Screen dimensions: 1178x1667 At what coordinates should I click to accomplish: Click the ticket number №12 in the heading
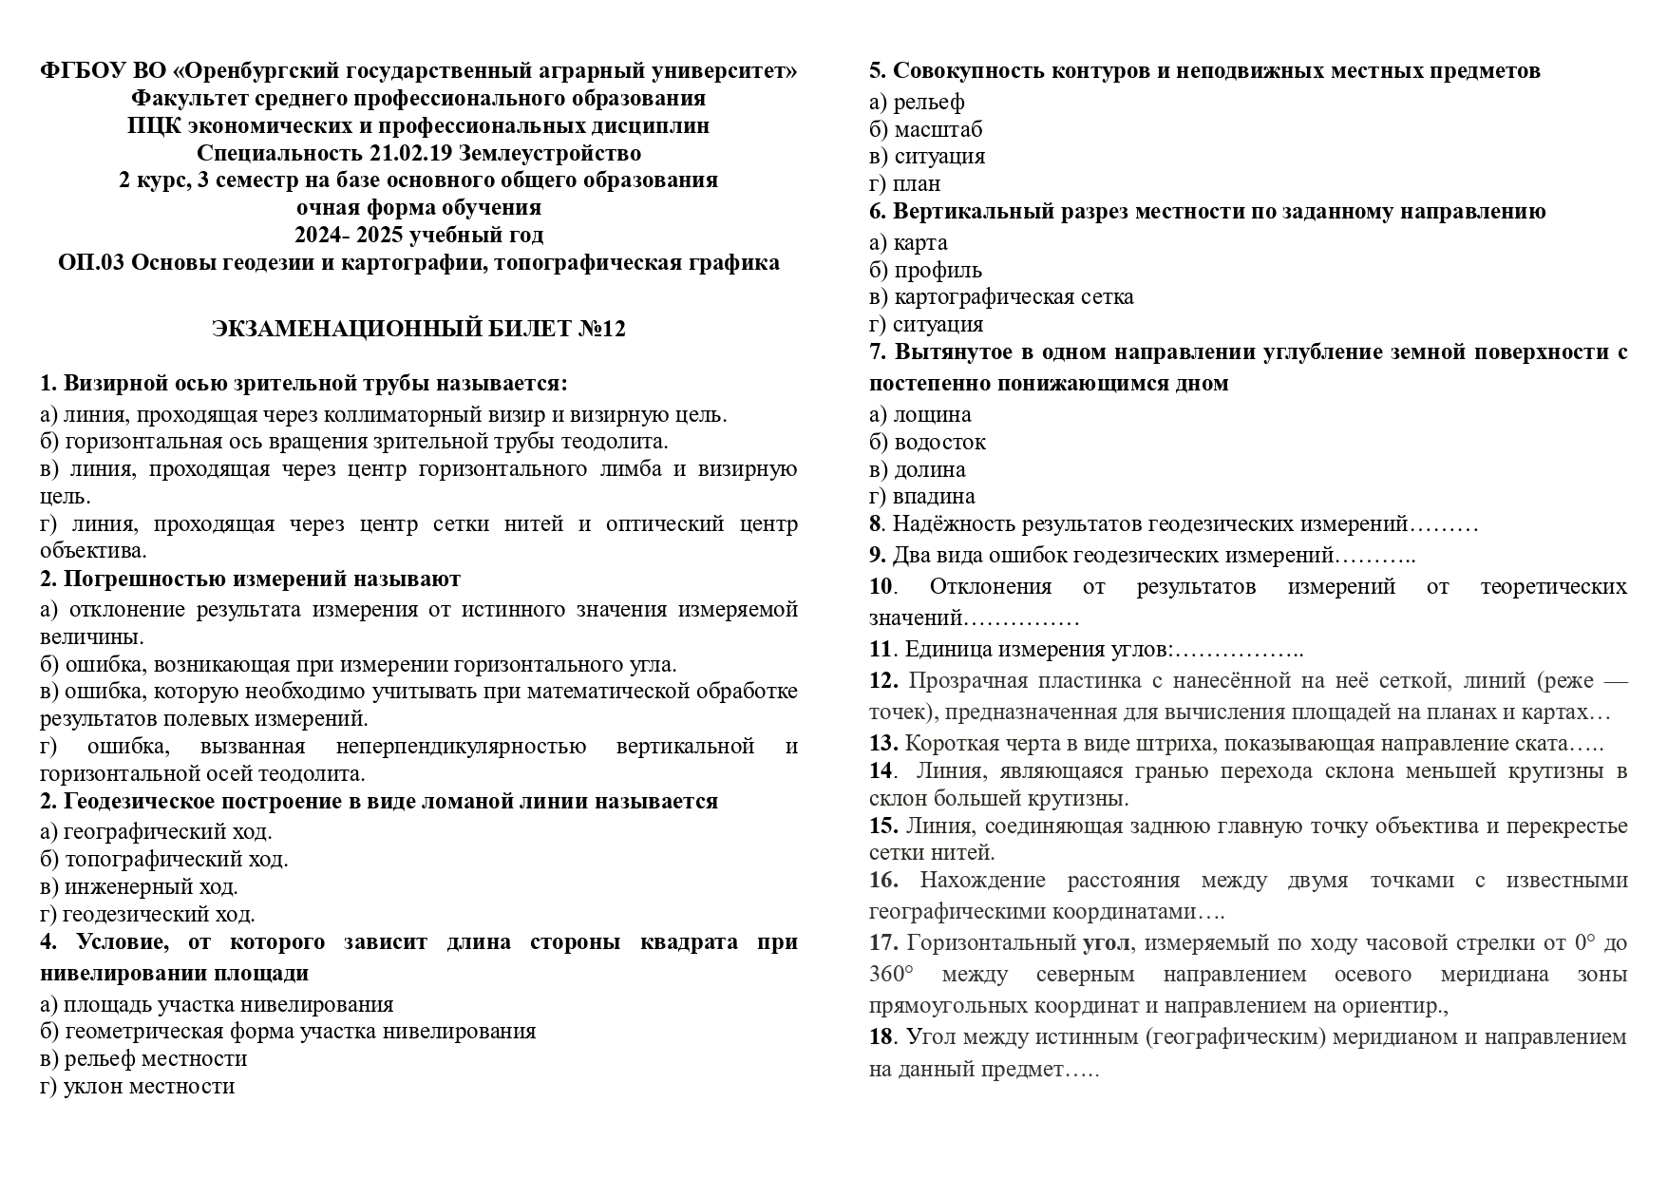(x=602, y=329)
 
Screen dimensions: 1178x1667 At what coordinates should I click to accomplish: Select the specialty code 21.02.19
(x=441, y=153)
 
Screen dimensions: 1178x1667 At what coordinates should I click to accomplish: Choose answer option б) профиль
(x=925, y=270)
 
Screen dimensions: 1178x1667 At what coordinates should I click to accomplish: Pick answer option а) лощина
(x=919, y=414)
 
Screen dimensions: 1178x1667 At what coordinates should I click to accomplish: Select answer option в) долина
(x=917, y=469)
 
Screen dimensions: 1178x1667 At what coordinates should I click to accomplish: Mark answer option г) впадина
(x=921, y=496)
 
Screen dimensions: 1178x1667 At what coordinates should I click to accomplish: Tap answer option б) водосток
(x=927, y=442)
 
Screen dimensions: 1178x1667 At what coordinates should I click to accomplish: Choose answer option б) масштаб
(x=925, y=129)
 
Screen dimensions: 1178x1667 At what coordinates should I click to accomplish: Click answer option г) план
(x=904, y=183)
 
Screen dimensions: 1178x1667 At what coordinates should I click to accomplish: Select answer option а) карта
(x=908, y=242)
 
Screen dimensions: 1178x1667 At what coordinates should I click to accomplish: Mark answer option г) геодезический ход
(x=147, y=914)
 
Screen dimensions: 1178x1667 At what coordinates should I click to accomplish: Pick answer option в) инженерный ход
(x=139, y=886)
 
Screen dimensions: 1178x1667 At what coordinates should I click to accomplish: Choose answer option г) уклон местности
(x=137, y=1086)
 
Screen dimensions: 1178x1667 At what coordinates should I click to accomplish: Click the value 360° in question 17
(x=891, y=975)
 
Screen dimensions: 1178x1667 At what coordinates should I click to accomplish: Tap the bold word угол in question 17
(x=1107, y=943)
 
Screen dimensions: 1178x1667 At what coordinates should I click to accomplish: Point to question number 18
(x=881, y=1036)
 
